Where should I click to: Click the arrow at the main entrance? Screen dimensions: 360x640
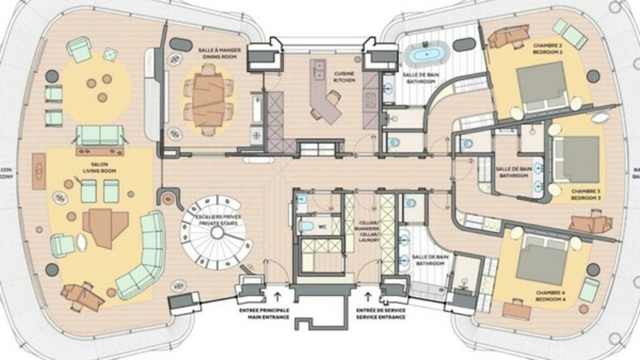pos(277,297)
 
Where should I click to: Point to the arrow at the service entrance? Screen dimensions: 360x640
pos(367,297)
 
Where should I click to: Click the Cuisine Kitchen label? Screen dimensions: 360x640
pos(344,77)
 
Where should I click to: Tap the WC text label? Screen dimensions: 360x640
pos(322,227)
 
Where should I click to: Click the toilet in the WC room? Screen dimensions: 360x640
pos(307,226)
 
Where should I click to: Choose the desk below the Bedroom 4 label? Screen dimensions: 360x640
pos(517,310)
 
